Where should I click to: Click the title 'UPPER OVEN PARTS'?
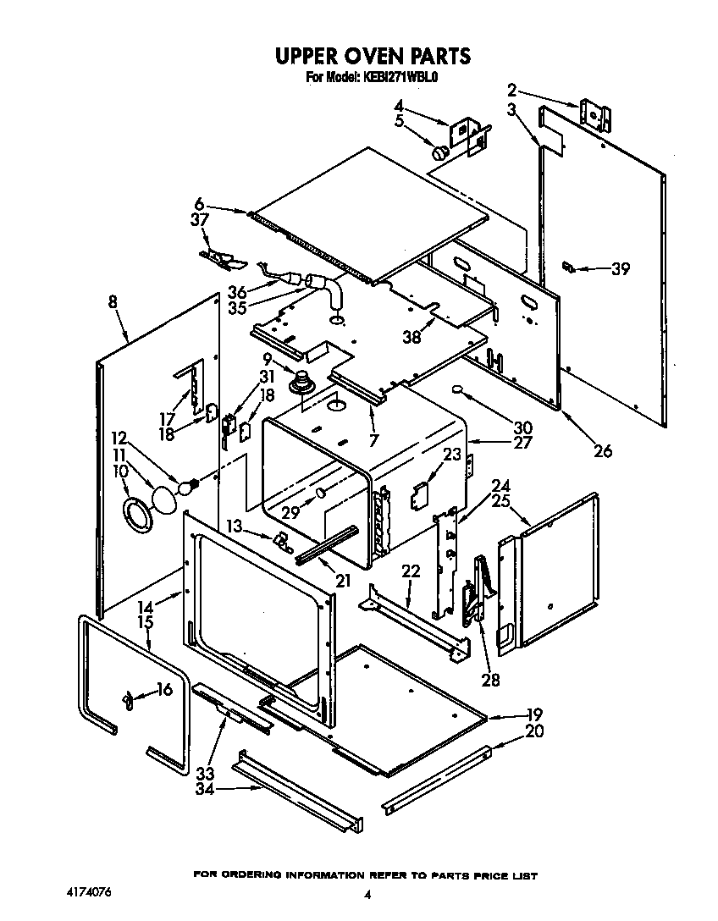pyautogui.click(x=372, y=57)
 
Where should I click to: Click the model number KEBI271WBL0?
pyautogui.click(x=400, y=77)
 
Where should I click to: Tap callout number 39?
pyautogui.click(x=621, y=269)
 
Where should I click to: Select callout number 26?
pyautogui.click(x=602, y=450)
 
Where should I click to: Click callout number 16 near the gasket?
pyautogui.click(x=163, y=690)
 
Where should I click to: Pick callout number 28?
pyautogui.click(x=489, y=679)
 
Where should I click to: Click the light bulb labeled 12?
pyautogui.click(x=187, y=485)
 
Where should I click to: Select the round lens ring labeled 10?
pyautogui.click(x=135, y=515)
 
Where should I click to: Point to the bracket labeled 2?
pyautogui.click(x=596, y=114)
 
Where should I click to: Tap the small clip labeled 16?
pyautogui.click(x=129, y=699)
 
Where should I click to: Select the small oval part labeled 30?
pyautogui.click(x=457, y=390)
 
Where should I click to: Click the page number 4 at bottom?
pyautogui.click(x=367, y=894)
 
